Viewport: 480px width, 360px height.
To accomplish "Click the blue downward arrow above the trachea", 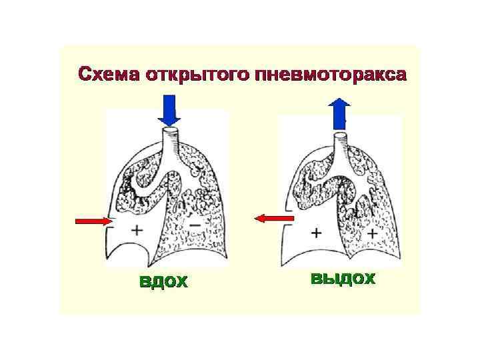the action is pos(170,110).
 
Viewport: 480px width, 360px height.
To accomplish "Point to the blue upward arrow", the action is pos(340,113).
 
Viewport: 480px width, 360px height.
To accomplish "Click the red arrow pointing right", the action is pos(93,220).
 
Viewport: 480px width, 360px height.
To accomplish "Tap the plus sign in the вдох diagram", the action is pos(137,230).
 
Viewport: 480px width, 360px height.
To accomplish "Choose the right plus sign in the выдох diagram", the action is pos(371,233).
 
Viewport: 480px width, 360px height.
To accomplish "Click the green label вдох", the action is pos(163,282).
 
